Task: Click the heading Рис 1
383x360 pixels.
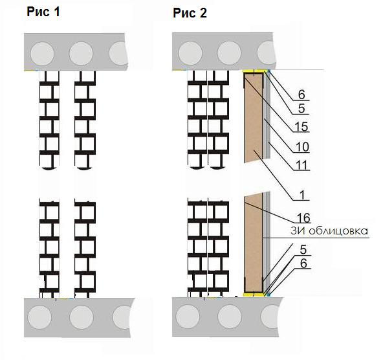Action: tap(43, 12)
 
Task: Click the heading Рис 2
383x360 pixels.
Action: tap(190, 13)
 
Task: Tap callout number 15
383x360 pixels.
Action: tap(301, 127)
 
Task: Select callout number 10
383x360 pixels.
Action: tap(302, 147)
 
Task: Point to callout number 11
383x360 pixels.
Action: tap(302, 165)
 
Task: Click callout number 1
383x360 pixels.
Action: tap(302, 196)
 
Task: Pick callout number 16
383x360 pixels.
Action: tap(303, 218)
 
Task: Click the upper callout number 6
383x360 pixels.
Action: tap(301, 95)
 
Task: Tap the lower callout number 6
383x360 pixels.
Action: tap(303, 264)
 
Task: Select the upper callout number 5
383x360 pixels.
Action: tap(301, 109)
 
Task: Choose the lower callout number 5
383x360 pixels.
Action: tap(303, 249)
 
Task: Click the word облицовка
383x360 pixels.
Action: tap(338, 231)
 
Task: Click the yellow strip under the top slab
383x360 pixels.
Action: tap(254, 71)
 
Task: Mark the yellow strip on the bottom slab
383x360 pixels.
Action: tap(254, 295)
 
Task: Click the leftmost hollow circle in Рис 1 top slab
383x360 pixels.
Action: tap(42, 54)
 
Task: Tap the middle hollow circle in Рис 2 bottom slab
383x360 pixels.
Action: tap(230, 317)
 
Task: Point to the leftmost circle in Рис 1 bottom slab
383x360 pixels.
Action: tap(40, 317)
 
